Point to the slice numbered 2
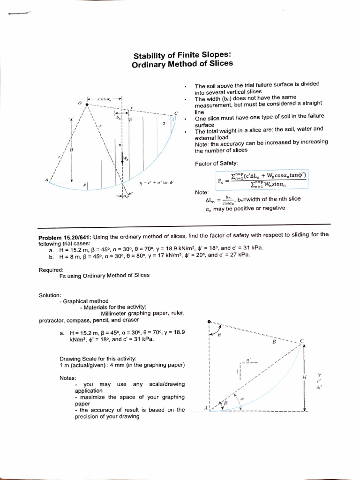[164, 124]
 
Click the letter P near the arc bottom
[85, 185]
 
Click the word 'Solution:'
[50, 295]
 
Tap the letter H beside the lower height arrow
[304, 377]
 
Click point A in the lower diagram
[206, 408]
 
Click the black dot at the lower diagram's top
[209, 322]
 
